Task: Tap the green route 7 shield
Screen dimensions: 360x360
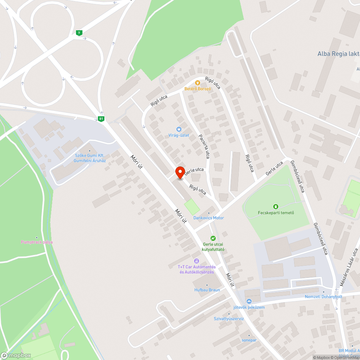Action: [x=79, y=33]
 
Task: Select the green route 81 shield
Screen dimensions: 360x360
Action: [x=101, y=119]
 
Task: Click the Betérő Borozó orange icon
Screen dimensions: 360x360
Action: [x=197, y=83]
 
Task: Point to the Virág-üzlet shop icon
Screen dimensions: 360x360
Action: [x=179, y=129]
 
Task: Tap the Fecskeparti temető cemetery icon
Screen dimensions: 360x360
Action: [x=276, y=207]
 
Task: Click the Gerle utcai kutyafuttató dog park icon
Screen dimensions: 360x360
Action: [x=213, y=238]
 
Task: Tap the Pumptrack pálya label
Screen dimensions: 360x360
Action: [x=37, y=242]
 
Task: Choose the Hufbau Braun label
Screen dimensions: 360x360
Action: [x=207, y=289]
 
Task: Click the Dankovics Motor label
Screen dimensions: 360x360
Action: [x=208, y=218]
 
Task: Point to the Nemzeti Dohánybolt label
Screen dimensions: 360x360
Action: [x=323, y=296]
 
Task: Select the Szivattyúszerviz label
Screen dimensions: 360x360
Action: [x=229, y=319]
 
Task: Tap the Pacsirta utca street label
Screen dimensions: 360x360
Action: [x=204, y=146]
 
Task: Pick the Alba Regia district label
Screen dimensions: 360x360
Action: [x=338, y=54]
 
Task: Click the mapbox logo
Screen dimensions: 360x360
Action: [x=16, y=355]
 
